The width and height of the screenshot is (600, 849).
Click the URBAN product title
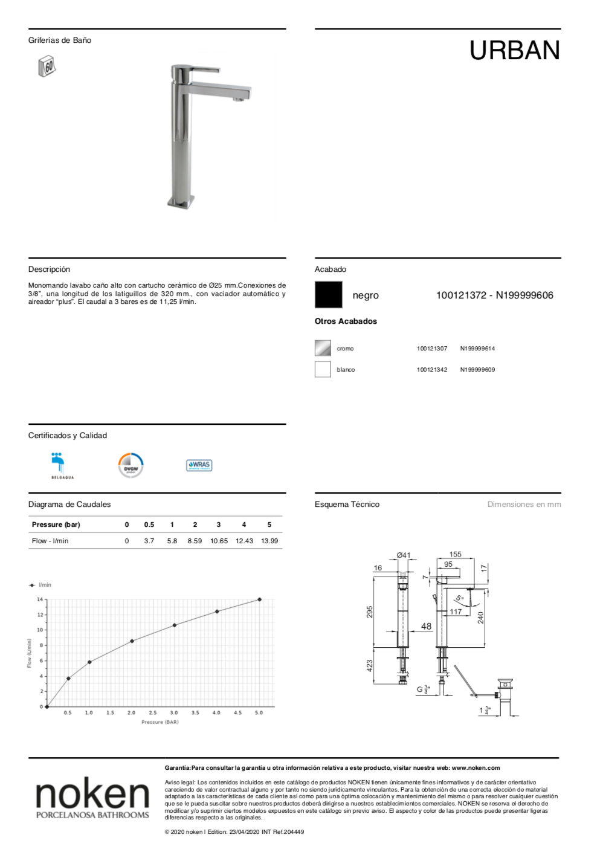pyautogui.click(x=514, y=51)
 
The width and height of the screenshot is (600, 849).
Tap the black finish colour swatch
pyautogui.click(x=328, y=295)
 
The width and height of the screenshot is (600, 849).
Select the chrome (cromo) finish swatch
pyautogui.click(x=323, y=348)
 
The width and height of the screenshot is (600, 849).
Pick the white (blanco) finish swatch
pyautogui.click(x=323, y=369)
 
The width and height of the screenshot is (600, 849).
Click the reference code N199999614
pyautogui.click(x=477, y=349)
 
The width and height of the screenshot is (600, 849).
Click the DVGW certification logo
pyautogui.click(x=131, y=465)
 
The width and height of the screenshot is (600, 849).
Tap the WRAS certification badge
pyautogui.click(x=199, y=465)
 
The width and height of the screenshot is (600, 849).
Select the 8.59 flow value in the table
pyautogui.click(x=195, y=541)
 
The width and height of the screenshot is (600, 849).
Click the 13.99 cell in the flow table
pyautogui.click(x=269, y=541)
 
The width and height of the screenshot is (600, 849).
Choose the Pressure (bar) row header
pyautogui.click(x=56, y=525)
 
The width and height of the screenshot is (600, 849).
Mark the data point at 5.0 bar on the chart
pyautogui.click(x=259, y=599)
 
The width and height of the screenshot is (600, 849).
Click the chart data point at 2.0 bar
pyautogui.click(x=132, y=641)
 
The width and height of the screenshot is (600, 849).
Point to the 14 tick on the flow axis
pyautogui.click(x=40, y=599)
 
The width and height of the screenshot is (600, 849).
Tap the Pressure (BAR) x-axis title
pyautogui.click(x=160, y=722)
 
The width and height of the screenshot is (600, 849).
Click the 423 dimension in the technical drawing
pyautogui.click(x=370, y=665)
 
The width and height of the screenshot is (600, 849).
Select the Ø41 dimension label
pyautogui.click(x=403, y=555)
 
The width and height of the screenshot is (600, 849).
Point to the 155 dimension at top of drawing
pyautogui.click(x=456, y=554)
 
